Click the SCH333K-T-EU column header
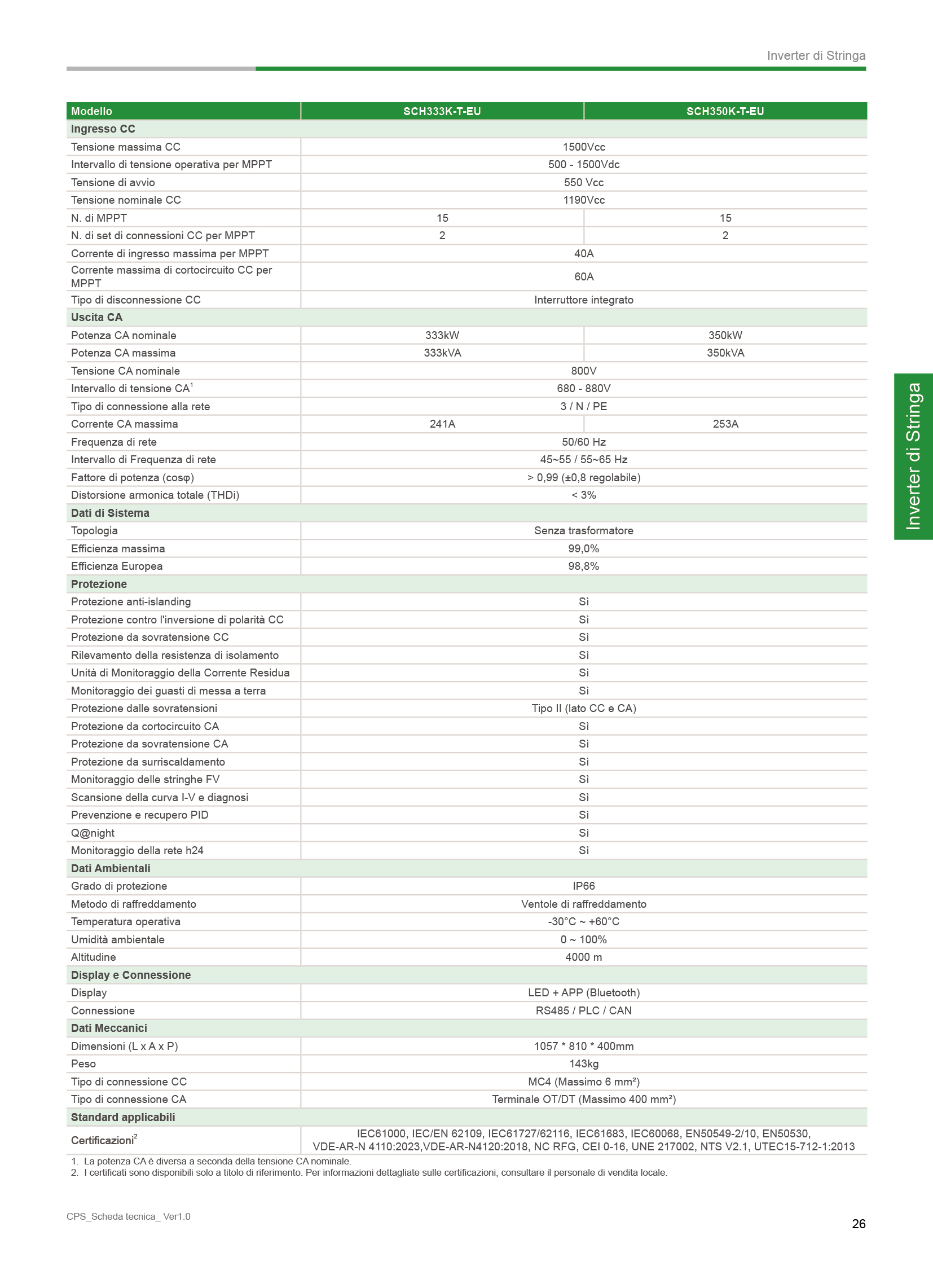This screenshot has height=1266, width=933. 442,111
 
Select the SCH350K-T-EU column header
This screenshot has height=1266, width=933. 725,111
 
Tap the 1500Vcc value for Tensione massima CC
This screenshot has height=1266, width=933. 583,147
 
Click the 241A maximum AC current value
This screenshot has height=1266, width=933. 442,424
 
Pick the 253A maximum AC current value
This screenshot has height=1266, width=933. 725,424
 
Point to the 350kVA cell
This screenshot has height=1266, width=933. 725,353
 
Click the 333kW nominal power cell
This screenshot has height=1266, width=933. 442,335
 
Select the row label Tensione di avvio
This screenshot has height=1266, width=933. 113,182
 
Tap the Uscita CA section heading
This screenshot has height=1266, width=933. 96,317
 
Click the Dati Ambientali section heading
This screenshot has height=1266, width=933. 111,868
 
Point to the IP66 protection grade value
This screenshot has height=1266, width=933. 583,886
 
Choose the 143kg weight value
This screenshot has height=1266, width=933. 583,1064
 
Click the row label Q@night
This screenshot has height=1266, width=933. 93,833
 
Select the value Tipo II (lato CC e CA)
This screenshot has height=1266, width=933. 583,709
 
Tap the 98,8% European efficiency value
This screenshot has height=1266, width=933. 583,566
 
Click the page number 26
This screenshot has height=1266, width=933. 858,1224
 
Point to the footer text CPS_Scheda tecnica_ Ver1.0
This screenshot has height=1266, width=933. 128,1216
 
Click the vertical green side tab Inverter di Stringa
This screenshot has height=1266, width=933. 913,456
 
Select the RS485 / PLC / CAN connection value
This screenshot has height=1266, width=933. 583,1010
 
